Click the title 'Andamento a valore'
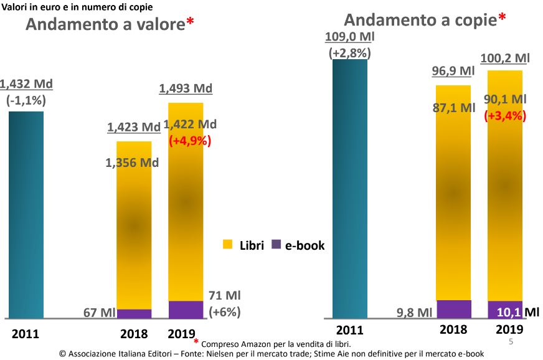point(105,24)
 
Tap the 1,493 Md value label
point(186,88)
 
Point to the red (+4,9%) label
point(191,141)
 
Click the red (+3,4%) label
point(505,115)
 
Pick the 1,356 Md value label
point(132,163)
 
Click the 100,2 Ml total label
point(505,59)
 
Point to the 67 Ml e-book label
point(98,312)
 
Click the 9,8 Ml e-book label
point(414,311)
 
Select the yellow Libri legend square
point(228,245)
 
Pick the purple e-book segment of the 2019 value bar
point(186,310)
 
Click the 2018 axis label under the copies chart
point(453,329)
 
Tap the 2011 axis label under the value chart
point(26,334)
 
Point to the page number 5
point(511,342)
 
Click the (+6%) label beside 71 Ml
point(225,311)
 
